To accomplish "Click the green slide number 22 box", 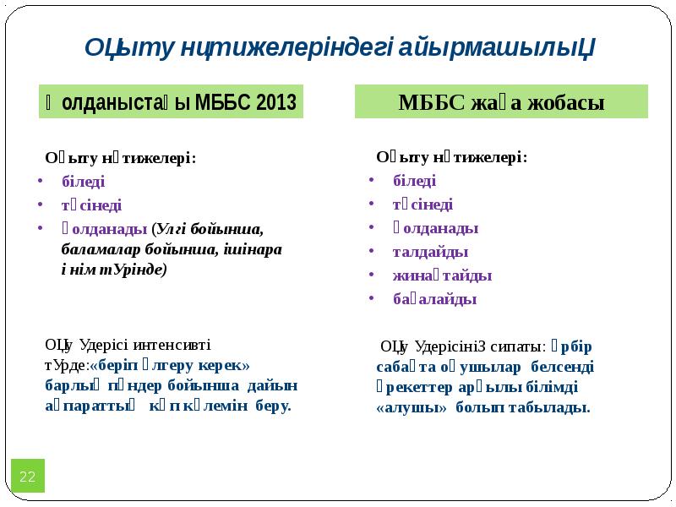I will (x=27, y=477).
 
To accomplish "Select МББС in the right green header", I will (x=425, y=103).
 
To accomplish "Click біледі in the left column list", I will (x=84, y=181).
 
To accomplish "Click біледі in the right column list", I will (x=414, y=180).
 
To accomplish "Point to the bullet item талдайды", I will (x=430, y=251).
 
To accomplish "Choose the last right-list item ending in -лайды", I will (x=434, y=298).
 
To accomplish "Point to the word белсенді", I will (x=563, y=366).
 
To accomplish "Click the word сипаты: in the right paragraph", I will (x=520, y=346).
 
